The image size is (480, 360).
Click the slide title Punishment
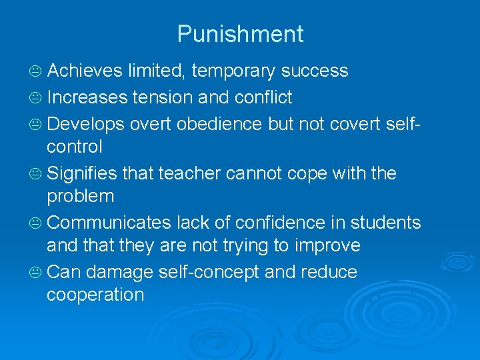(240, 34)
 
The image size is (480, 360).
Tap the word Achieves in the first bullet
(85, 71)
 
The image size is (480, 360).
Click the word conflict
(263, 97)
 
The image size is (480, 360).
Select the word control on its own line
(74, 147)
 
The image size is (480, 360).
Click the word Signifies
(83, 173)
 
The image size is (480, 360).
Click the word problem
(80, 196)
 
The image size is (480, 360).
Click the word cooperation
(95, 295)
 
